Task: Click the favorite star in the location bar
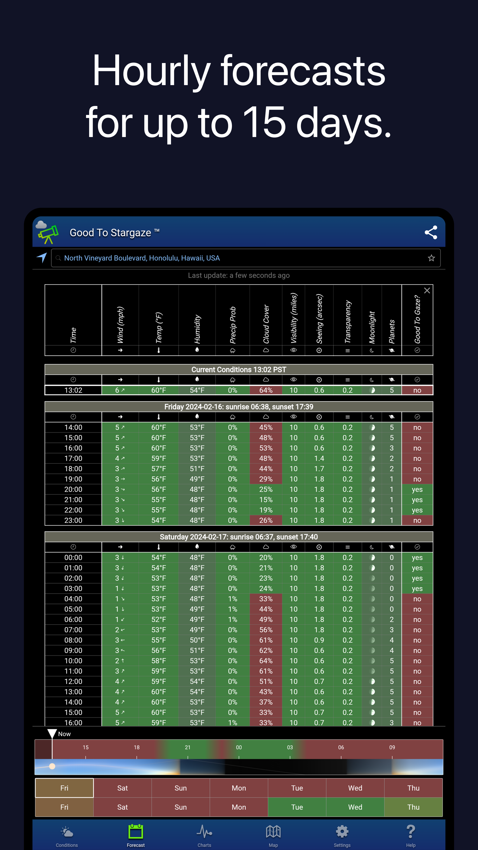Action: click(x=431, y=258)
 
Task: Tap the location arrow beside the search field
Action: click(x=42, y=257)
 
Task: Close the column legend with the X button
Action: click(x=427, y=290)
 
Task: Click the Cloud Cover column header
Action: click(x=266, y=323)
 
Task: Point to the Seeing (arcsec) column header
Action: click(x=319, y=319)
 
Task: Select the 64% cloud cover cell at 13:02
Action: click(x=266, y=390)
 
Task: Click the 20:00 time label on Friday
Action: click(x=73, y=489)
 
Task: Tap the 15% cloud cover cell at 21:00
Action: click(x=266, y=500)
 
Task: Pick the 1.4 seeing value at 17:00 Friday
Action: click(x=319, y=458)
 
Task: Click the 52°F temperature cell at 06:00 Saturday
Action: click(x=159, y=619)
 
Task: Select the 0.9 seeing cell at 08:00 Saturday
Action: click(x=319, y=640)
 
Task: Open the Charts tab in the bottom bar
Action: click(x=204, y=835)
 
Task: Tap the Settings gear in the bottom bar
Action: click(x=342, y=835)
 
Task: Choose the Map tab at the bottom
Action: click(x=273, y=835)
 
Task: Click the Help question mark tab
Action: click(x=411, y=835)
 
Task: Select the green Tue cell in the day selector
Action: click(x=297, y=807)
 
